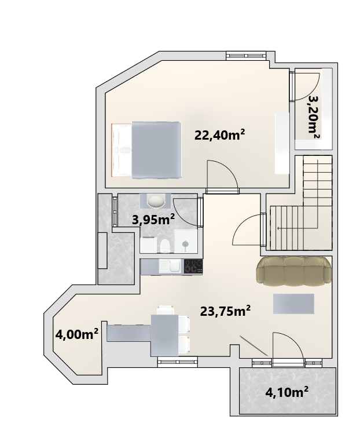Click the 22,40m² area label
pos(219,136)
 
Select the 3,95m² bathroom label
pos(153,220)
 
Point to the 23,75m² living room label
pos(225,311)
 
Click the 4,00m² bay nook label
pos(76,334)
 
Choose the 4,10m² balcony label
pos(286,392)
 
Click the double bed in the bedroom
pos(146,149)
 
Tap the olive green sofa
pos(293,271)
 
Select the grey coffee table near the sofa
pos(293,304)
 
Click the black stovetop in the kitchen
pos(193,266)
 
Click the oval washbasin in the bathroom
pos(155,201)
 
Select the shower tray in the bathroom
pos(186,241)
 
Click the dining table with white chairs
pos(165,335)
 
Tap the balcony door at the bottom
pos(288,362)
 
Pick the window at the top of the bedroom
pos(246,56)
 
